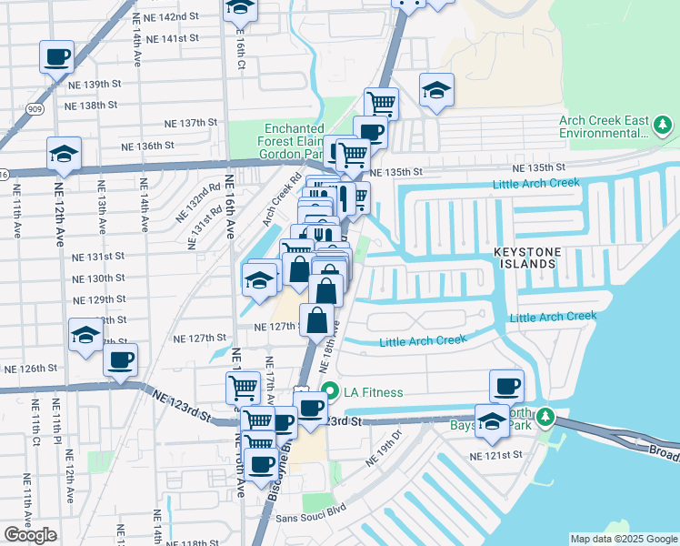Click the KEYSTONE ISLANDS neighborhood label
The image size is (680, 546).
(536, 257)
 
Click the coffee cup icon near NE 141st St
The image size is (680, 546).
(56, 56)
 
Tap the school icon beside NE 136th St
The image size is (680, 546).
(64, 154)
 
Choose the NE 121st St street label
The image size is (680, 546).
(496, 455)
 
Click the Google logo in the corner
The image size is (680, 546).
(30, 534)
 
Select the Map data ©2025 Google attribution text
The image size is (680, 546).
(623, 539)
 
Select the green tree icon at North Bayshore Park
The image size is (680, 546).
(545, 416)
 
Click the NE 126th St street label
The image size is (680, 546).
(31, 369)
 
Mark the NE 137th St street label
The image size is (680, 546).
(191, 123)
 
